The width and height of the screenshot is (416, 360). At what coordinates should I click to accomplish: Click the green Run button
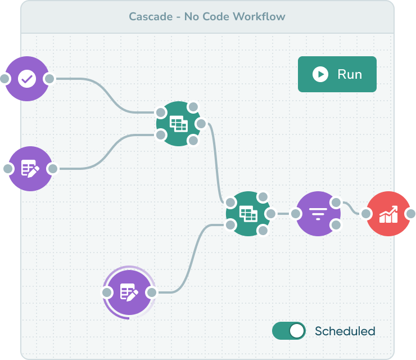pos(337,74)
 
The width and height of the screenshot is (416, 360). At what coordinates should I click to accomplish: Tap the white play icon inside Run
pos(320,74)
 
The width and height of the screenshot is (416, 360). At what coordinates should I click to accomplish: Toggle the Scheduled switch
pos(289,331)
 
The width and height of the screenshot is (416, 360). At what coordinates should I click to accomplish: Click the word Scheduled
pos(345,331)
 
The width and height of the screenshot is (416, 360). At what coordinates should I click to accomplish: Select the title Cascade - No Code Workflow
pos(207,16)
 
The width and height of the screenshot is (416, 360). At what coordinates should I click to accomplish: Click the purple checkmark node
pos(26,79)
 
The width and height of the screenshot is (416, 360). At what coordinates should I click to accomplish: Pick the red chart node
pos(388,214)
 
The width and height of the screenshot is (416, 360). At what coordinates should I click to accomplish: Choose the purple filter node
pos(318,214)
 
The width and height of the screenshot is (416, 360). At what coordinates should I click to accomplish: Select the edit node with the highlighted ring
pos(129,292)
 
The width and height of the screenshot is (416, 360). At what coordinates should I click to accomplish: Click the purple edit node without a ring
pos(30,168)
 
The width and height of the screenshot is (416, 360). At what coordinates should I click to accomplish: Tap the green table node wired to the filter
pos(248,214)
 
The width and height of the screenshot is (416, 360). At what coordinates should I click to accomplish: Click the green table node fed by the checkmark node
pos(179,124)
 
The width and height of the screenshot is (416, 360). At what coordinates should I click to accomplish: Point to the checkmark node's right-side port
pos(49,79)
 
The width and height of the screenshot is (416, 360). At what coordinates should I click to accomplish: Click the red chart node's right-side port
pos(411,214)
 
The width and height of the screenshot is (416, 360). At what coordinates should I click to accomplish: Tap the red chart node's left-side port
pos(366,214)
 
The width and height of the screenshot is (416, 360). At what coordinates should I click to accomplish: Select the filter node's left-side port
pos(296,214)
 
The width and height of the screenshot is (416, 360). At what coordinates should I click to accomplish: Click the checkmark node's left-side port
pos(4,79)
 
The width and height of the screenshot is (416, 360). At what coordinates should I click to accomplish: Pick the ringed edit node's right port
pos(151,292)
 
